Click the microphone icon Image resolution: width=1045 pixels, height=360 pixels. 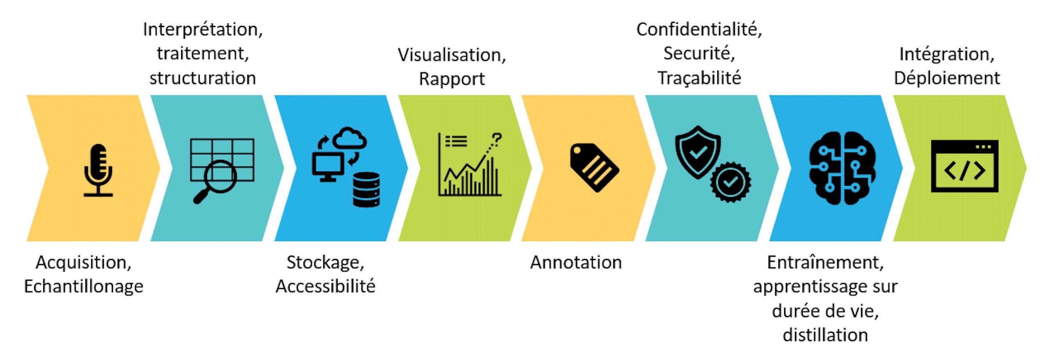click(x=98, y=169)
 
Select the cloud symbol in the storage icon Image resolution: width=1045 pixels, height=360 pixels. click(x=349, y=138)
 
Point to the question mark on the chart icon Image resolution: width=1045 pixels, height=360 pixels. click(x=497, y=140)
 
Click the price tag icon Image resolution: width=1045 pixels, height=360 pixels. click(x=594, y=167)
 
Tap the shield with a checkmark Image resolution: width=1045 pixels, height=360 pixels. click(x=697, y=151)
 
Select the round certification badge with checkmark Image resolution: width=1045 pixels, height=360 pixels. click(x=731, y=182)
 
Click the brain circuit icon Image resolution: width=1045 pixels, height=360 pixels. click(x=842, y=168)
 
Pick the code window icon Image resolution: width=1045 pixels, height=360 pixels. click(x=964, y=166)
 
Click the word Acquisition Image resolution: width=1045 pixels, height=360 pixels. click(x=83, y=262)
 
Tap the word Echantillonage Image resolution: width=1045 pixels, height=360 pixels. click(x=83, y=286)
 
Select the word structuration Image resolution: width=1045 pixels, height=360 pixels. click(x=203, y=78)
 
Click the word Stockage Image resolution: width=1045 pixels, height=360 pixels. click(x=325, y=262)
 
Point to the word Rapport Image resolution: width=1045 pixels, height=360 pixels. click(x=452, y=78)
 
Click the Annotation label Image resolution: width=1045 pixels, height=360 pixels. click(x=576, y=262)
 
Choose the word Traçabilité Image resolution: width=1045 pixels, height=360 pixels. click(x=699, y=78)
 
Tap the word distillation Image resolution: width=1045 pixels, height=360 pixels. click(x=825, y=335)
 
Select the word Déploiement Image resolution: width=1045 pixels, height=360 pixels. click(x=947, y=78)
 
